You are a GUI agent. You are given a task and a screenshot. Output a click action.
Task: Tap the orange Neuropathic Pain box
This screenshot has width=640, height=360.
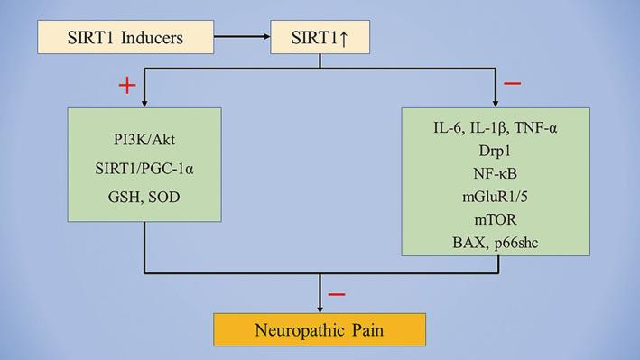320,330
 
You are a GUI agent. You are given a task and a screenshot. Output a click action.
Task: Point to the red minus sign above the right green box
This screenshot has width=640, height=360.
512,84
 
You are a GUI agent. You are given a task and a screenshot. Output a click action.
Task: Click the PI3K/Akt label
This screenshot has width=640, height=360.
145,143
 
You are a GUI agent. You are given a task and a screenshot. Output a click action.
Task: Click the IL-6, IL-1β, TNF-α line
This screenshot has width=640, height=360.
496,127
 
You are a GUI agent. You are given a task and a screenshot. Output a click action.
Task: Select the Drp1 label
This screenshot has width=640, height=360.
496,151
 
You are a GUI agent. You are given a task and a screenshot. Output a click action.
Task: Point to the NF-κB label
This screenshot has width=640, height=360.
496,174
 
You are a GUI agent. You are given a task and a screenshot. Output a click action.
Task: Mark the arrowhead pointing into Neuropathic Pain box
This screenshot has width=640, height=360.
320,307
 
